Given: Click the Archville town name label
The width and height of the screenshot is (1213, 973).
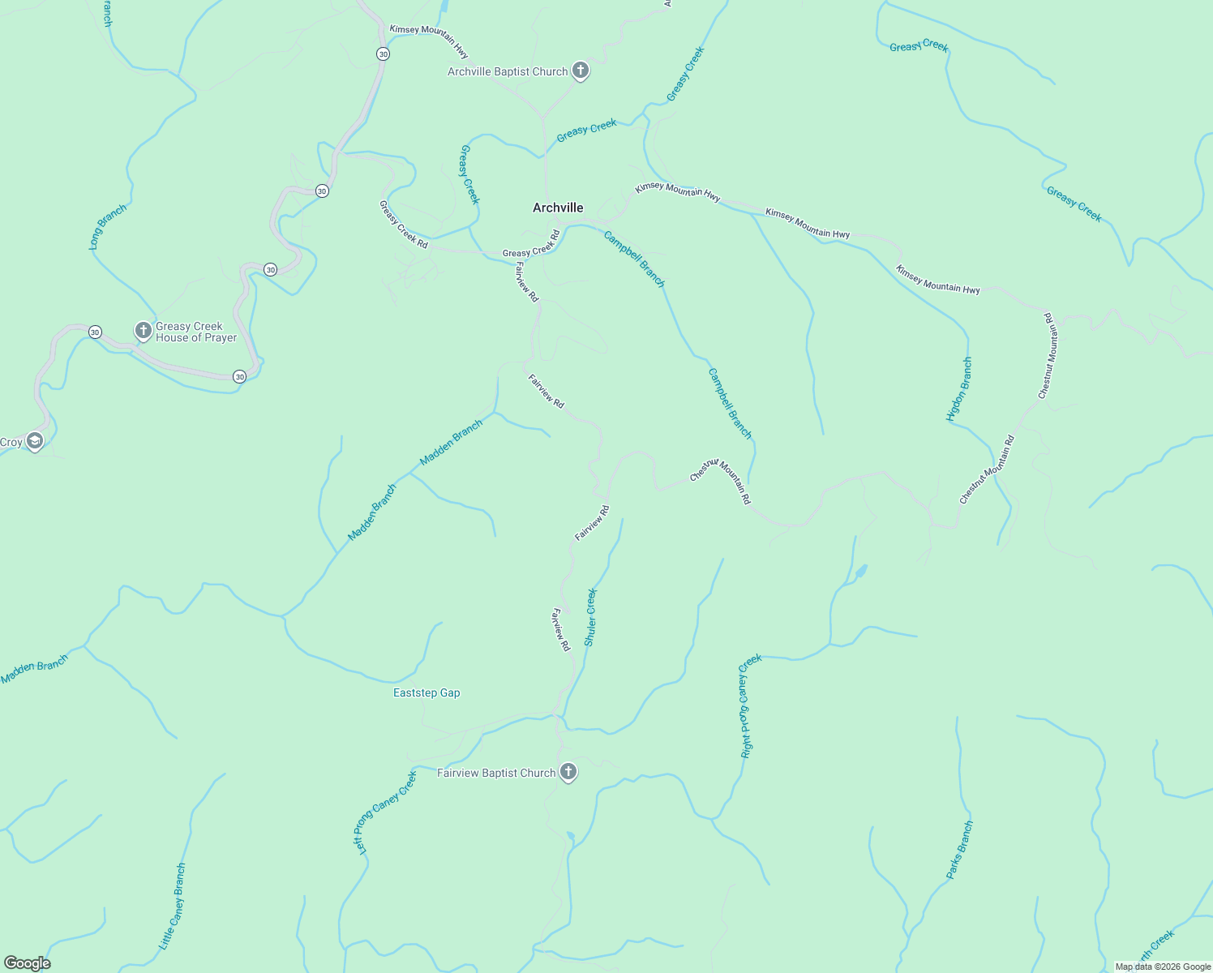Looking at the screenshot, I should point(558,208).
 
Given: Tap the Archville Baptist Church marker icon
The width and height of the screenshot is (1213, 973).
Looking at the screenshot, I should point(581,71).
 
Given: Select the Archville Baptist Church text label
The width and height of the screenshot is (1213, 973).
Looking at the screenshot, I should point(508,71).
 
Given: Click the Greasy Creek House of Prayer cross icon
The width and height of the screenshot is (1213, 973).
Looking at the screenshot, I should point(143,330).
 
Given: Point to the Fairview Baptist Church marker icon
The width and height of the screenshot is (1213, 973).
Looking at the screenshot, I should point(568,772).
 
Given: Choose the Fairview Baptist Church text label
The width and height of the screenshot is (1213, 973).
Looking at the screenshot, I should point(496,773).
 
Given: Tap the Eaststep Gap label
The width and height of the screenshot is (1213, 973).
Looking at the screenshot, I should point(426,692).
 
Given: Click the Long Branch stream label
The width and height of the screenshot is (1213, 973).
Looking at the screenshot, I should point(107,226).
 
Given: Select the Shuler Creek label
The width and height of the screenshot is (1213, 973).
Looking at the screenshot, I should point(590,617).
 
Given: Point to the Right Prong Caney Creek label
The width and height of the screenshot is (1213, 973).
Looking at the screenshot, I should point(750,705).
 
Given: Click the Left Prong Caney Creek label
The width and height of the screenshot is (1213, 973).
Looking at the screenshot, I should point(384,812).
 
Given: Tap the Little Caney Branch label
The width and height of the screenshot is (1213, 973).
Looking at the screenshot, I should point(172,907).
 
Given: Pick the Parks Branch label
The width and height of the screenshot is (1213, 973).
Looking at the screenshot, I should point(959,850).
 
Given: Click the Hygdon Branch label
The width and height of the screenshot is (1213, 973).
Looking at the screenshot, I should point(958,389).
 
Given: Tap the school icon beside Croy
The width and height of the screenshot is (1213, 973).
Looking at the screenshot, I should point(34,441).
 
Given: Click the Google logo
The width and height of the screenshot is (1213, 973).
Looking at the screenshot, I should point(27,963).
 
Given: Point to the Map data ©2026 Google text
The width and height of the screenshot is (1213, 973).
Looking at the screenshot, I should point(1163,967).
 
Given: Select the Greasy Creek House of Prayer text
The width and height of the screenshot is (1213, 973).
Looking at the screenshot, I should point(196,332).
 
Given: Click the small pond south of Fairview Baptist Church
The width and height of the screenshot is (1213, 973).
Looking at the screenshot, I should point(571,836).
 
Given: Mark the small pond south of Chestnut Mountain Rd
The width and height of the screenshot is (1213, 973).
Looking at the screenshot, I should point(860,572).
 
